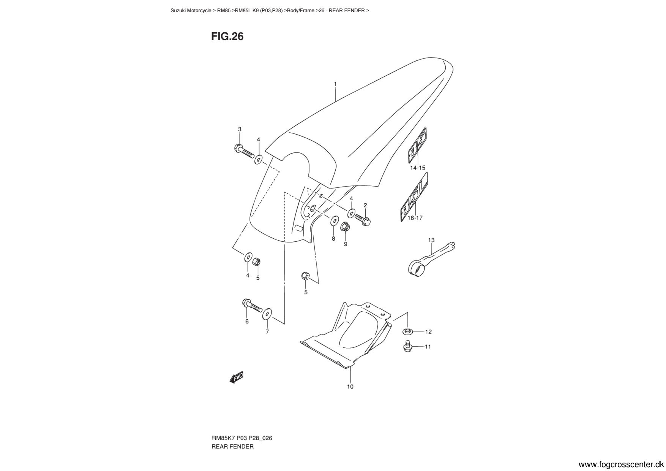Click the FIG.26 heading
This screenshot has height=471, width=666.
point(227,36)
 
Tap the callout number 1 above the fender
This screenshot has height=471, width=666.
point(335,84)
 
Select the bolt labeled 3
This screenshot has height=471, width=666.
point(244,151)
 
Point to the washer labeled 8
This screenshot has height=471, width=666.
point(335,220)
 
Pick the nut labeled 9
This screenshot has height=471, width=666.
point(345,227)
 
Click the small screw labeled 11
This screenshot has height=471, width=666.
point(408,345)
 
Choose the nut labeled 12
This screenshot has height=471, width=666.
point(407,331)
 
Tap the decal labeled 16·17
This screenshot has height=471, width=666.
point(415,198)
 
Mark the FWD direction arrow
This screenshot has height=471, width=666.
point(236,377)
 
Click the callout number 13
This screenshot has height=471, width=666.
point(431,240)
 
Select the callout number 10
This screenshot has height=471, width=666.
point(350,387)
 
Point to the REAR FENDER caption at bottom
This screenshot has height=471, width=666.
point(232,447)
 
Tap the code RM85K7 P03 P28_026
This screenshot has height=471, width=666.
point(241,438)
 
